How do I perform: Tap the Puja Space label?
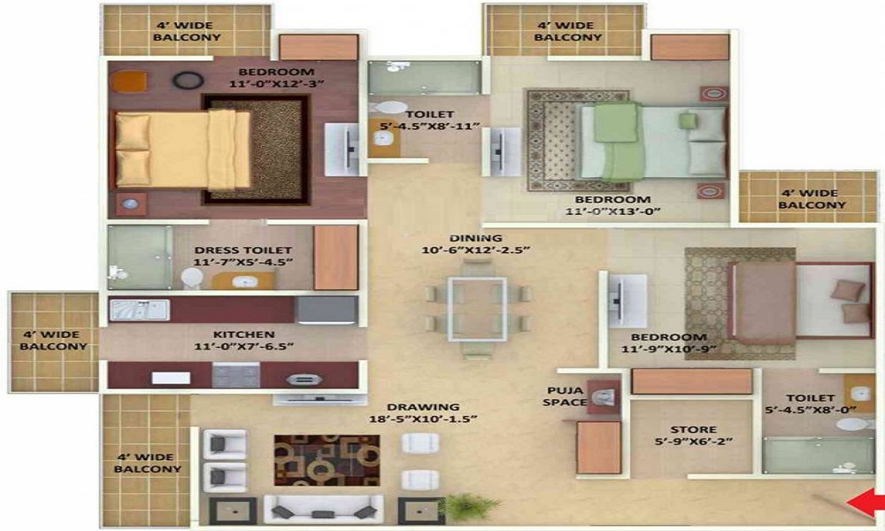point(565,396)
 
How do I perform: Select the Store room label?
point(694,429)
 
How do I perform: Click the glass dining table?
point(478,309)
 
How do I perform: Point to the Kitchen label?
point(244,334)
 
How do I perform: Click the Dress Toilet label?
point(243,250)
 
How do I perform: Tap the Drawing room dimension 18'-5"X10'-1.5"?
point(423,419)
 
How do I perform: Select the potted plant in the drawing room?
point(472,506)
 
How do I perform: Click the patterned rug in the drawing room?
point(327,460)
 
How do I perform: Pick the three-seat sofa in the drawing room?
point(323,509)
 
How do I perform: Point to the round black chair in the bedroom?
point(189,81)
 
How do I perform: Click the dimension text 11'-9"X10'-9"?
point(669,349)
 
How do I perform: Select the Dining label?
point(476,237)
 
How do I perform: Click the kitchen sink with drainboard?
point(140,310)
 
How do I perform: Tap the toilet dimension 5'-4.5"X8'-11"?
point(429,126)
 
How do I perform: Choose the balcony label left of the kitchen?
point(54,340)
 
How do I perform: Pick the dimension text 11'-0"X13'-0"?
point(613,211)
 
